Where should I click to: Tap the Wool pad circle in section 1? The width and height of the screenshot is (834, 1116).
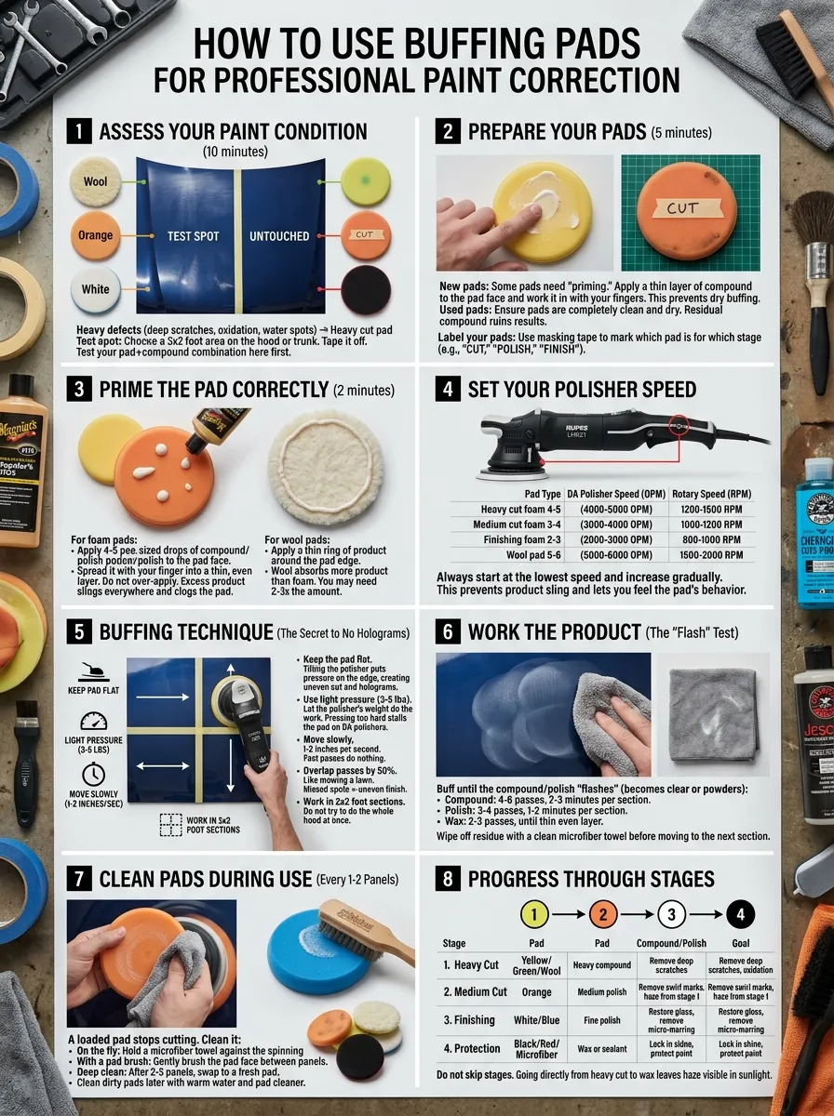96,181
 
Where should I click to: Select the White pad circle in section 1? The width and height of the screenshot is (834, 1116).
96,289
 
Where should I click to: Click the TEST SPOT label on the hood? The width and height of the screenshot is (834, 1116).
193,236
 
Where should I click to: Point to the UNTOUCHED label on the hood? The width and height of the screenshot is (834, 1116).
279,236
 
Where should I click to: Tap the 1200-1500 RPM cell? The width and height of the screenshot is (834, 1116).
711,510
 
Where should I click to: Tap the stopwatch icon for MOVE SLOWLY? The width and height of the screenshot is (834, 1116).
93,775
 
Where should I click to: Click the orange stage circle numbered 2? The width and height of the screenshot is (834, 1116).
602,914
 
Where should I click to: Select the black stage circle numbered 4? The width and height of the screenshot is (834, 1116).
740,914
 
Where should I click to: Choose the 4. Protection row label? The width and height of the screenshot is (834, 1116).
473,1048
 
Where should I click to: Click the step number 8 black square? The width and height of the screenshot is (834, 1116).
449,879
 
